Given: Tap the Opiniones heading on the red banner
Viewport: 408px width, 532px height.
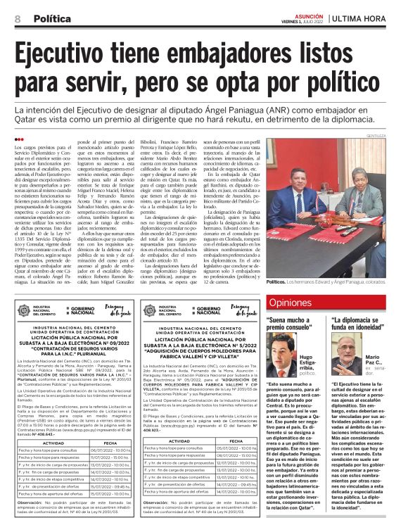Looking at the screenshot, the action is coord(291,303).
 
